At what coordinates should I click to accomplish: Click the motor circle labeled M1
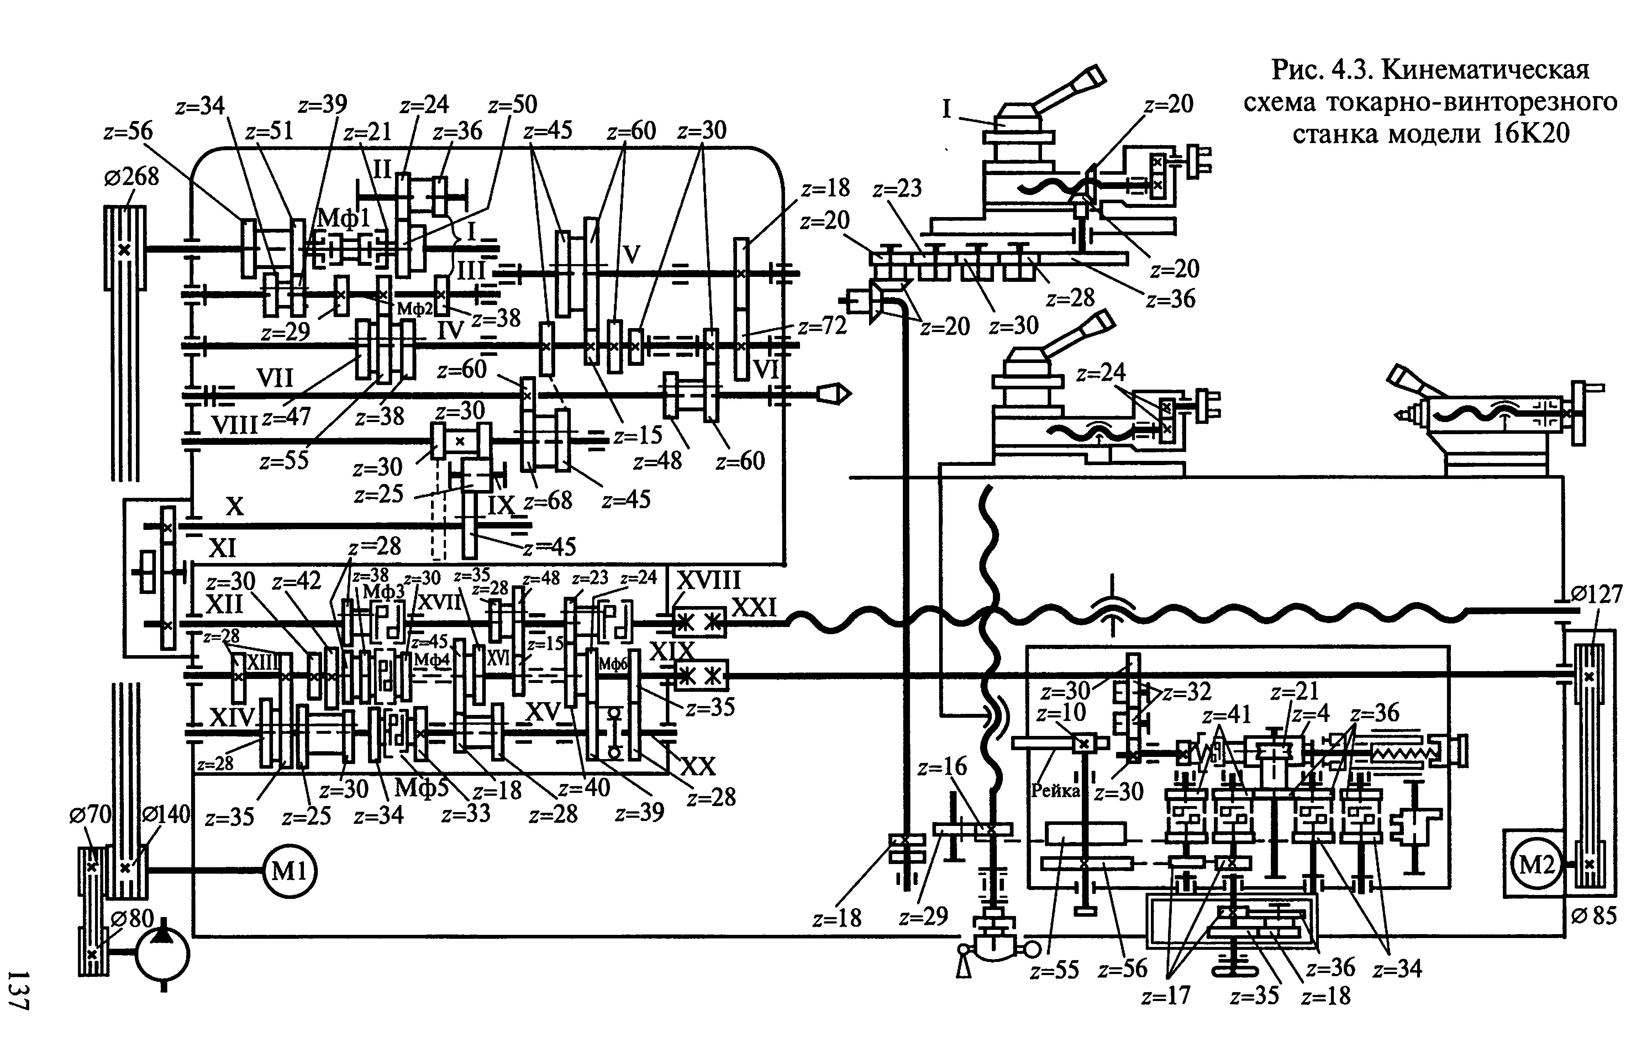pyautogui.click(x=290, y=870)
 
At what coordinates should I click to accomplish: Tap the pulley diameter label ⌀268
pyautogui.click(x=131, y=177)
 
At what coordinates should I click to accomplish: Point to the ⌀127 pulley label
pyautogui.click(x=1596, y=594)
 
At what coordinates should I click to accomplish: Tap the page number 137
pyautogui.click(x=19, y=989)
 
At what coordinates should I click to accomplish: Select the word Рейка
pyautogui.click(x=1056, y=791)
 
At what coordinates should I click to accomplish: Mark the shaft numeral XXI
pyautogui.click(x=754, y=607)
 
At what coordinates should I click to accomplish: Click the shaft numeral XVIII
pyautogui.click(x=709, y=580)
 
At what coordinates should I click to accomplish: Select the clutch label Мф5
pyautogui.click(x=422, y=788)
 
